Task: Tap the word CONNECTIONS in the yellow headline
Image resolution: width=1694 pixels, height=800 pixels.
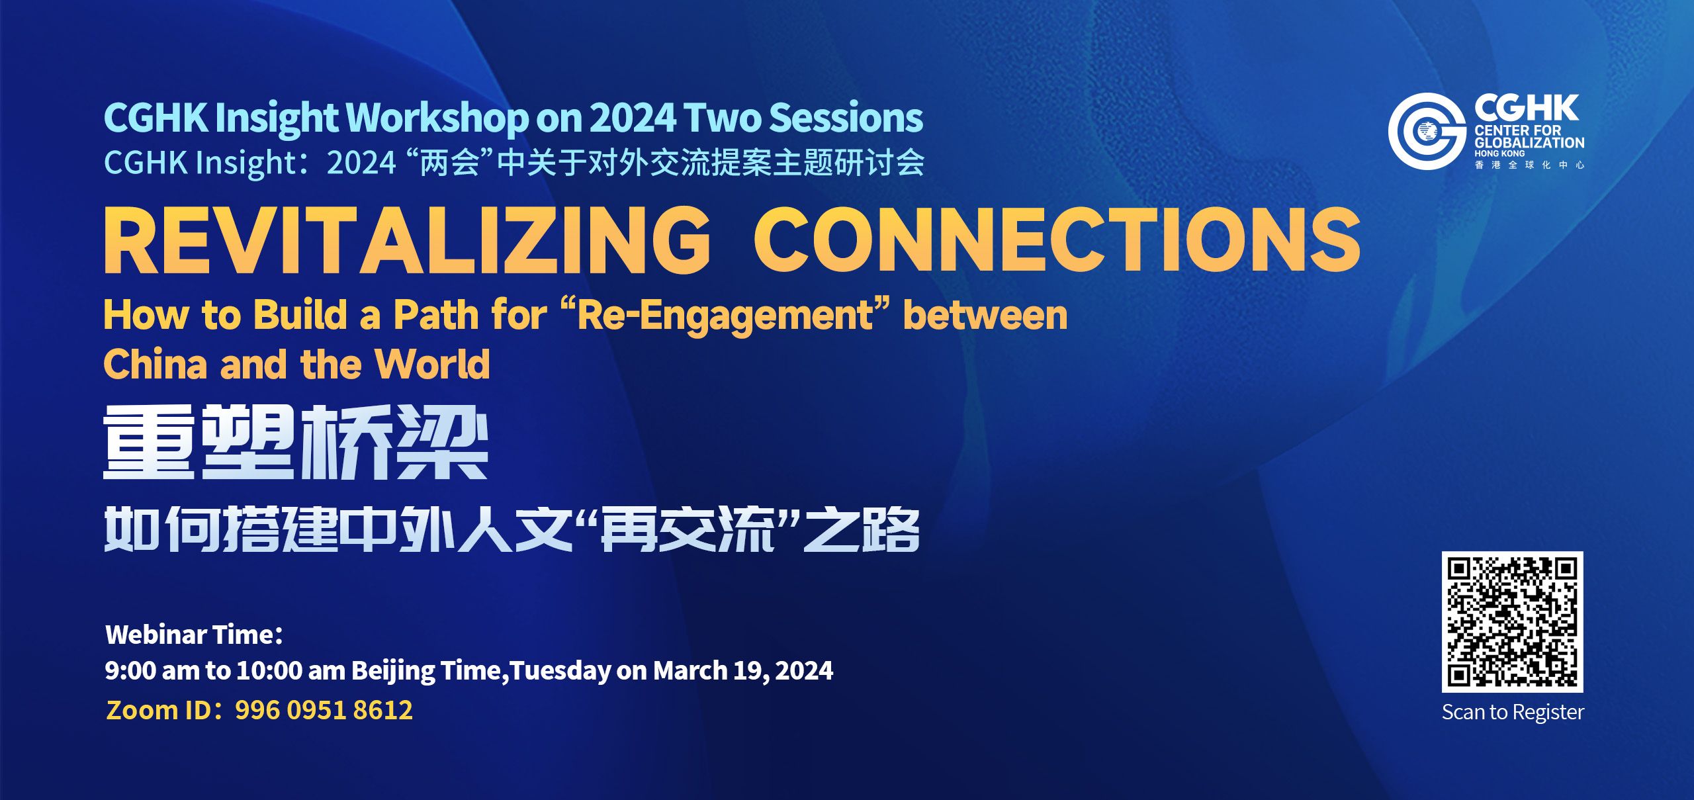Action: pyautogui.click(x=1057, y=240)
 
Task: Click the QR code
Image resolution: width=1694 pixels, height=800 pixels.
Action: pyautogui.click(x=1513, y=622)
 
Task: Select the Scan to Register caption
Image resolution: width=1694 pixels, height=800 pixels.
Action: pyautogui.click(x=1513, y=712)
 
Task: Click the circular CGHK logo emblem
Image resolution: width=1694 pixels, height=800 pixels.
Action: pyautogui.click(x=1427, y=132)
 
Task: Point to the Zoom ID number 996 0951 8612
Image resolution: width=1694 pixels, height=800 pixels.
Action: pyautogui.click(x=324, y=710)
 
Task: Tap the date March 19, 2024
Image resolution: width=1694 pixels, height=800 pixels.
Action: pyautogui.click(x=743, y=671)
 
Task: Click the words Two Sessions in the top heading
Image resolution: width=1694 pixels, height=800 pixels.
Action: pyautogui.click(x=803, y=118)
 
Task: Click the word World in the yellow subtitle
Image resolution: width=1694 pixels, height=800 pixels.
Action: pyautogui.click(x=432, y=364)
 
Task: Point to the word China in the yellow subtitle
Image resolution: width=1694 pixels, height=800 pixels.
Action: pyautogui.click(x=156, y=364)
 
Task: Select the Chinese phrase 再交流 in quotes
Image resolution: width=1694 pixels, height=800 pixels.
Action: pyautogui.click(x=687, y=530)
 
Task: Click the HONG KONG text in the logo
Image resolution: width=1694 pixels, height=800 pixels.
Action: pyautogui.click(x=1499, y=154)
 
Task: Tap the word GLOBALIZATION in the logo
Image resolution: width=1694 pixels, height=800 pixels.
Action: pyautogui.click(x=1529, y=142)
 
